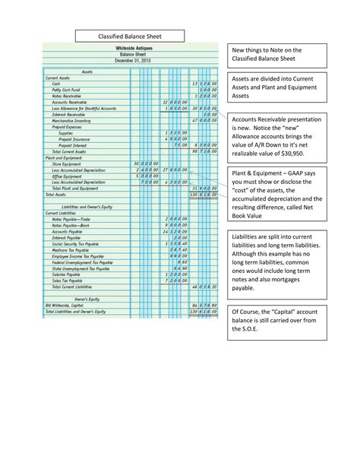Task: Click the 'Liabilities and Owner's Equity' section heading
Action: pos(92,206)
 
